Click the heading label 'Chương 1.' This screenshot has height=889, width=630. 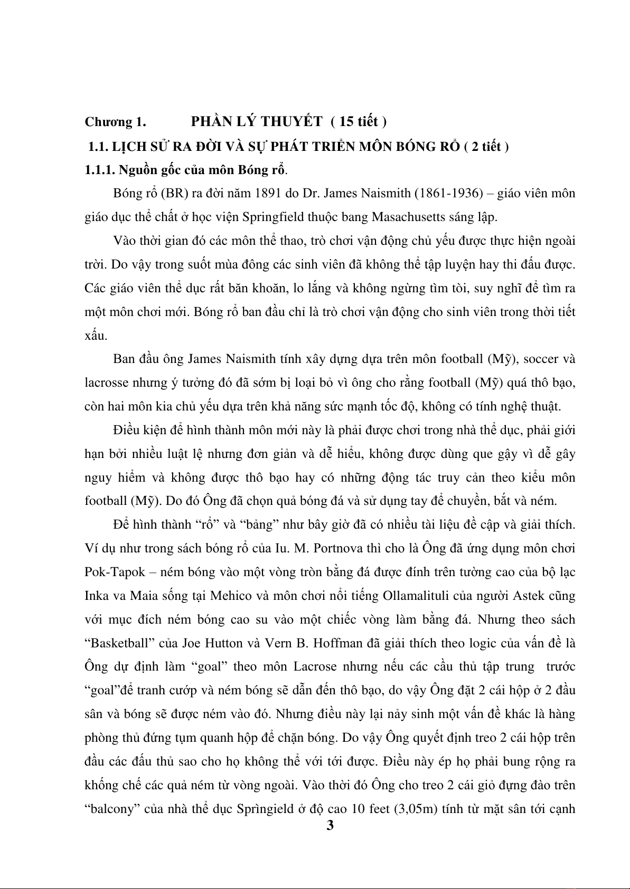(115, 122)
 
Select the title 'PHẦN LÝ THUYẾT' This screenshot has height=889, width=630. (256, 121)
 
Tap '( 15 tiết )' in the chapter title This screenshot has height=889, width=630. (359, 122)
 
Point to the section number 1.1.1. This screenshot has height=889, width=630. (100, 170)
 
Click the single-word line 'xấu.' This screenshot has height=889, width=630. (96, 336)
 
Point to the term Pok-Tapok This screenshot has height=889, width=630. (114, 572)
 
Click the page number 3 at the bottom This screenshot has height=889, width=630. (330, 825)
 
